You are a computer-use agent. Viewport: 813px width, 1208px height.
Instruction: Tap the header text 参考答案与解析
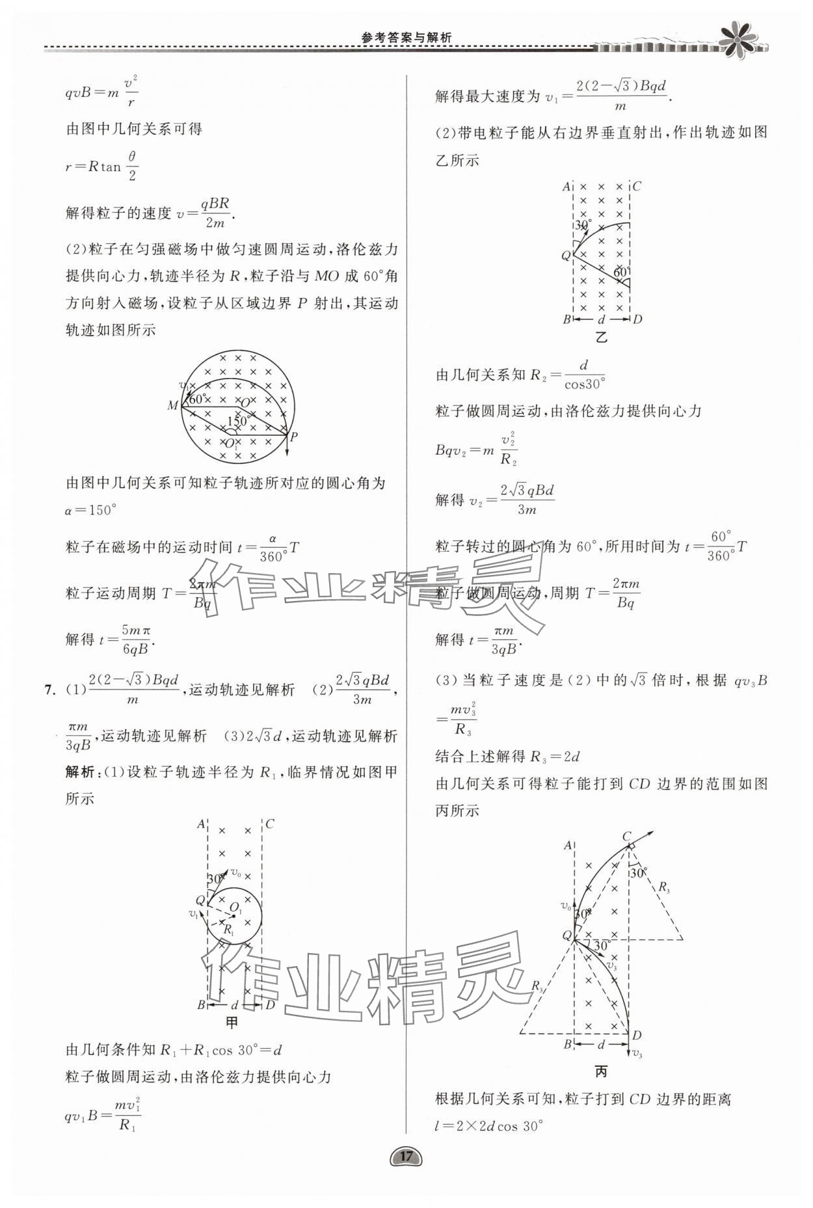click(406, 38)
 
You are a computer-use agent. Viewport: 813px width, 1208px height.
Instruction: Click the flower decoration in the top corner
click(738, 38)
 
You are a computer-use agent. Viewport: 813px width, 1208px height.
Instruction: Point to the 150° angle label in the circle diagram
click(238, 421)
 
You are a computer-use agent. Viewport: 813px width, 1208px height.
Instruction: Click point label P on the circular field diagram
click(293, 437)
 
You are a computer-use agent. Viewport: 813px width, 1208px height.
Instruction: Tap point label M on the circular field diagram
click(172, 406)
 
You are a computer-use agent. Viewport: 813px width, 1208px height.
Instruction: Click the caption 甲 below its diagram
click(232, 1022)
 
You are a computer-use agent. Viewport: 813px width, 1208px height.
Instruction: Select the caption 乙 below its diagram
click(601, 337)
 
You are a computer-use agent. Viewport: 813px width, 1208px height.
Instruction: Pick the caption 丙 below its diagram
click(601, 1071)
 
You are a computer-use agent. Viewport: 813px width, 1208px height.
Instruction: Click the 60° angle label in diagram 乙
click(622, 271)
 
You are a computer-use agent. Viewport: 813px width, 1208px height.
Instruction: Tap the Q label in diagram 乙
click(566, 256)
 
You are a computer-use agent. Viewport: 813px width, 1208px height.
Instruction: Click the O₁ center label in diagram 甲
click(235, 908)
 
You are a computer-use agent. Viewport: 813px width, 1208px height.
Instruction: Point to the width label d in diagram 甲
click(235, 1006)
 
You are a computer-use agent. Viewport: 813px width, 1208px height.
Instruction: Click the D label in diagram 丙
click(637, 1035)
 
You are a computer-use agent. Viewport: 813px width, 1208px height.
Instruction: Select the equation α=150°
click(90, 510)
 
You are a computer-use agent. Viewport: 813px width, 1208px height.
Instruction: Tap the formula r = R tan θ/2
click(102, 167)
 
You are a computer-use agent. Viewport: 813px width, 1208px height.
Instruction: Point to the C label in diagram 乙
click(637, 186)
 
